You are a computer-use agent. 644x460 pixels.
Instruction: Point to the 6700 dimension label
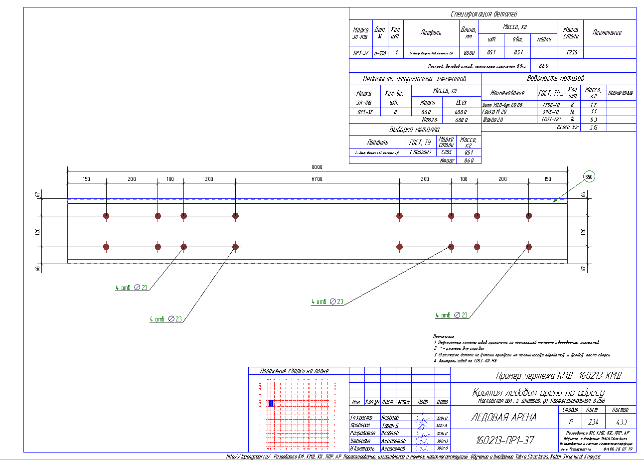pyautogui.click(x=317, y=178)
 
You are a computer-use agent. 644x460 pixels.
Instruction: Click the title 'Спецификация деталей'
pyautogui.click(x=491, y=14)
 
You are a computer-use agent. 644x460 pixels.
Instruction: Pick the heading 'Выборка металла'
pyautogui.click(x=415, y=130)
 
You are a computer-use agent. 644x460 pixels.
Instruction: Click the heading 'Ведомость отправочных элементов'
pyautogui.click(x=415, y=79)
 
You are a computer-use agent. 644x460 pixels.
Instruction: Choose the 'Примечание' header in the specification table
pyautogui.click(x=607, y=33)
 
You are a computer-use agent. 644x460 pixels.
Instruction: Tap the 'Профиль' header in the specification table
pyautogui.click(x=430, y=33)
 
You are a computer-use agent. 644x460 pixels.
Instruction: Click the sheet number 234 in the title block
pyautogui.click(x=591, y=421)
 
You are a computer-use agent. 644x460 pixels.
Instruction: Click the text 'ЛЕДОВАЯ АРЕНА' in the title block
pyautogui.click(x=503, y=418)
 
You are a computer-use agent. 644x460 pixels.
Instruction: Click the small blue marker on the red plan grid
pyautogui.click(x=271, y=403)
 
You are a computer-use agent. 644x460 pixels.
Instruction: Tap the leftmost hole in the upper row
pyautogui.click(x=106, y=216)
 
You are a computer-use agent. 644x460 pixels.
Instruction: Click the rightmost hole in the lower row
pyautogui.click(x=528, y=247)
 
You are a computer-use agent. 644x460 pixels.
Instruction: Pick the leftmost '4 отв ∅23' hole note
pyautogui.click(x=131, y=288)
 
